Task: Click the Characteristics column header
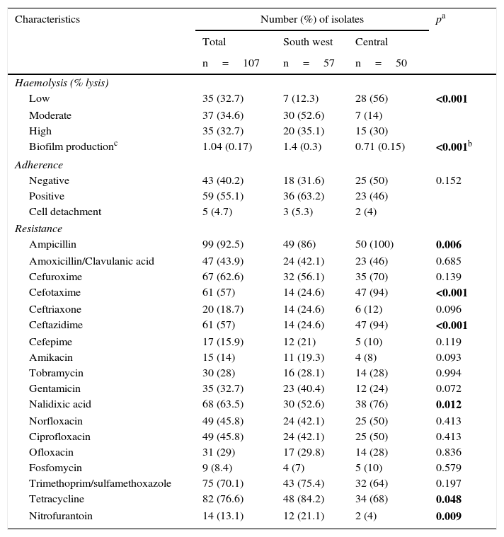[47, 20]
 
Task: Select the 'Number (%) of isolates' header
[311, 20]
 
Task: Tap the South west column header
[308, 42]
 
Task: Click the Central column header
[372, 42]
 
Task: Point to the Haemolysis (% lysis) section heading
[62, 83]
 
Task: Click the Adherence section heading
[39, 165]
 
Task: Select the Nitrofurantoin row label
[61, 516]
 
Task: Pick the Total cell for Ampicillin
[223, 244]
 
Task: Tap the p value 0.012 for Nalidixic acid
[449, 405]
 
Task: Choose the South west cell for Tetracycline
[304, 500]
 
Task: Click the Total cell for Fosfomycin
[220, 468]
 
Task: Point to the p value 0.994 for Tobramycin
[449, 373]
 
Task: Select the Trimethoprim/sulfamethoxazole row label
[100, 484]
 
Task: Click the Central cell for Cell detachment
[367, 212]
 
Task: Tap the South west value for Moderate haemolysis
[304, 115]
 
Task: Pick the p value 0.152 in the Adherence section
[449, 180]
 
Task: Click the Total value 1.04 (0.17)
[227, 147]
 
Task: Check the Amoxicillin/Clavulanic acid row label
[91, 261]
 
